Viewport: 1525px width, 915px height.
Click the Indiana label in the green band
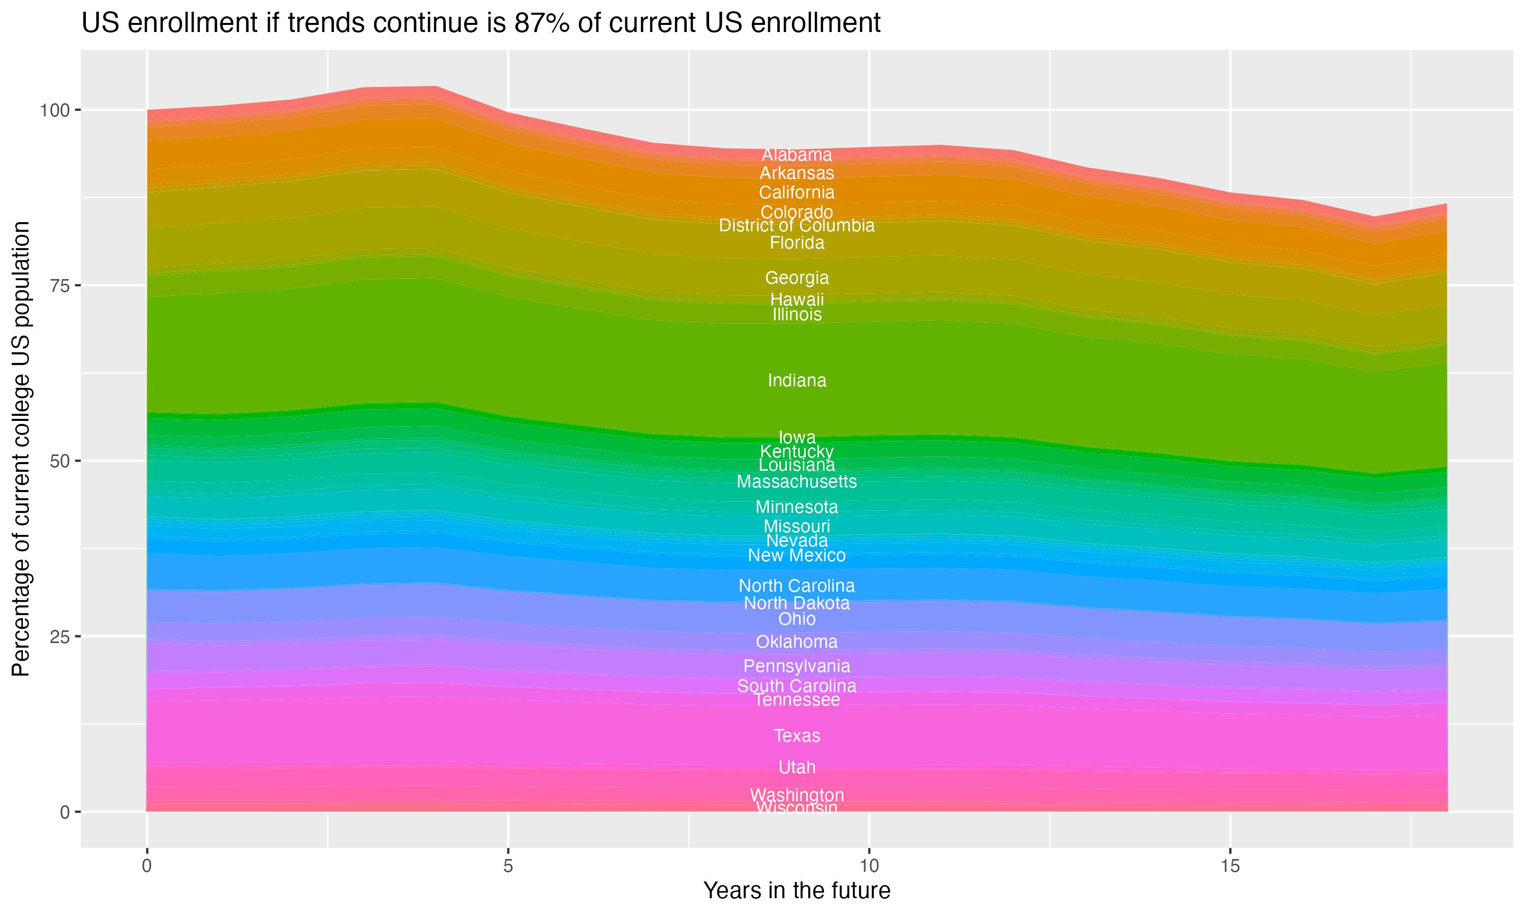(797, 380)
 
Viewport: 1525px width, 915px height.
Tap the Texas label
(797, 736)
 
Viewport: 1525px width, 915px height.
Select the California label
(797, 192)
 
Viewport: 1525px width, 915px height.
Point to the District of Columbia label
(797, 226)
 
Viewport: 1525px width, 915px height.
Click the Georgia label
(797, 278)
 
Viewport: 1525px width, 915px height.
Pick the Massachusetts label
(797, 481)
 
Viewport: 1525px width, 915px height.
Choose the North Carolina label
(797, 586)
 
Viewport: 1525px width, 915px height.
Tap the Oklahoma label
(797, 642)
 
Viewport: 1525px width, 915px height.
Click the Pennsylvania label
(797, 666)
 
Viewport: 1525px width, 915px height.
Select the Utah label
(797, 767)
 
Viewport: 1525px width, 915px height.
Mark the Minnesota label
(797, 507)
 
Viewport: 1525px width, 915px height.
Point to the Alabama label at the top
(797, 155)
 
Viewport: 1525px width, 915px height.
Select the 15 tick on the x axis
(1230, 866)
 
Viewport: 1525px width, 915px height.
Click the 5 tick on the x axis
(508, 866)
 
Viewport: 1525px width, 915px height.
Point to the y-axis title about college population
(21, 449)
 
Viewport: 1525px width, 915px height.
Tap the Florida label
(797, 243)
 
